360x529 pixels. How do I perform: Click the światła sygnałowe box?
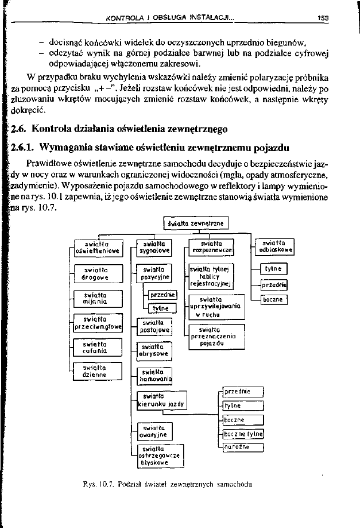click(x=153, y=247)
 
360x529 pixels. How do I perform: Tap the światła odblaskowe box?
click(x=273, y=246)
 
